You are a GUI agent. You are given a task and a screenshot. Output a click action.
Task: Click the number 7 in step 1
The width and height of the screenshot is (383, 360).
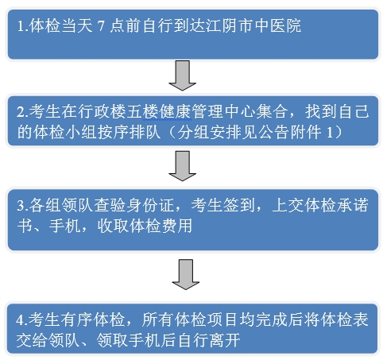[101, 26]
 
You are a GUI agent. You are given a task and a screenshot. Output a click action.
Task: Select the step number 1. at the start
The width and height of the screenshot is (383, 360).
[23, 26]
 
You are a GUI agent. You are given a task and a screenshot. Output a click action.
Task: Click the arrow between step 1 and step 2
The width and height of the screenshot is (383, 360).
[183, 75]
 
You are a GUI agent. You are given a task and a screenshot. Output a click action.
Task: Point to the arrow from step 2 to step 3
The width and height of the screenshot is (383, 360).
[183, 166]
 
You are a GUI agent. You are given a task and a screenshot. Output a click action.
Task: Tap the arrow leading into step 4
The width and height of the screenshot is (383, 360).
[186, 274]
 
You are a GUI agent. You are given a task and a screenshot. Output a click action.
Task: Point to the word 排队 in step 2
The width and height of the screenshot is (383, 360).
[145, 132]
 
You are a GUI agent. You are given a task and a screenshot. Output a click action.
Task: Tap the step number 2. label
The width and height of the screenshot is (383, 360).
[22, 112]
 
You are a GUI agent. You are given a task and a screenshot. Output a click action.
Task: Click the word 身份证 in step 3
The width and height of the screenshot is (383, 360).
[150, 205]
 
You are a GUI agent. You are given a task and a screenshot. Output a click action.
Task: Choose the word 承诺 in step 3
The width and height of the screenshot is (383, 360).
[352, 205]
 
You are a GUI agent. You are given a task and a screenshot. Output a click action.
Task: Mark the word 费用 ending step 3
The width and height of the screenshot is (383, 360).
[176, 226]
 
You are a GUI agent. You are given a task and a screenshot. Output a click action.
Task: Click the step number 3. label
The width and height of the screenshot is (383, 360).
[23, 206]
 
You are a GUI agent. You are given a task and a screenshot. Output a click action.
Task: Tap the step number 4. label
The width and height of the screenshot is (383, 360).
[22, 320]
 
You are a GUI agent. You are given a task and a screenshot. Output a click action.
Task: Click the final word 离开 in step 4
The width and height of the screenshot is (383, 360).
[225, 340]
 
